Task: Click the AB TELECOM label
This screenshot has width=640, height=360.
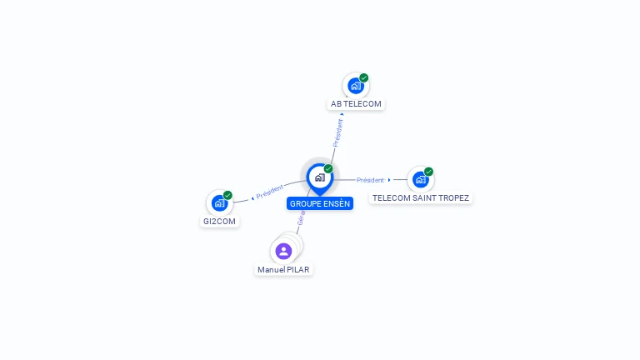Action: tap(356, 104)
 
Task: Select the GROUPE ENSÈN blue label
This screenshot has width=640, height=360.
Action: tap(320, 203)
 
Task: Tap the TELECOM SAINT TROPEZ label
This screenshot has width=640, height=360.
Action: tap(421, 198)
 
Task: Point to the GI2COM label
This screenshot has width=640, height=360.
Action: tap(220, 222)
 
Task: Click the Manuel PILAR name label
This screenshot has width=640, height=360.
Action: tap(283, 270)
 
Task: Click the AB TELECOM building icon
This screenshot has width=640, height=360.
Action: tap(355, 86)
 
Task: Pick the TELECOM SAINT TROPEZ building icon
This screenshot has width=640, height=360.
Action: tap(420, 179)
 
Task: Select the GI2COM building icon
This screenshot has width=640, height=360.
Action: tap(219, 202)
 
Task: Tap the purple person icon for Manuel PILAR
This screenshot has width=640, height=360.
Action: tap(283, 250)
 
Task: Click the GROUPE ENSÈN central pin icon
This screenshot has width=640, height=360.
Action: tap(319, 177)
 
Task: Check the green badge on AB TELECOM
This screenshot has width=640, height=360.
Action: tap(364, 77)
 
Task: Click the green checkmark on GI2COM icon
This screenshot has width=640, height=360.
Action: tap(227, 195)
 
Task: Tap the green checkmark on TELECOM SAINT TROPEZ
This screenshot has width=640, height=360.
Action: tap(429, 172)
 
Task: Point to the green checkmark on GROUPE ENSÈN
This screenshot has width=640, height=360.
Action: tap(328, 168)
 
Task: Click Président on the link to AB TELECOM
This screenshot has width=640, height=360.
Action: tap(337, 132)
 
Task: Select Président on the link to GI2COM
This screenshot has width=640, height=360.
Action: tap(271, 192)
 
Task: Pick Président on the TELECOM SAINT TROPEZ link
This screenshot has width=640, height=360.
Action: tap(370, 180)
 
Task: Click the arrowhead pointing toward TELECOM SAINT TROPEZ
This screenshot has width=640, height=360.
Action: tap(389, 180)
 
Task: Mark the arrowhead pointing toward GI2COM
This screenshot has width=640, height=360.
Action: tap(252, 198)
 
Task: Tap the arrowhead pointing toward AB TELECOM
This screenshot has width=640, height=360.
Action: tap(342, 113)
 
